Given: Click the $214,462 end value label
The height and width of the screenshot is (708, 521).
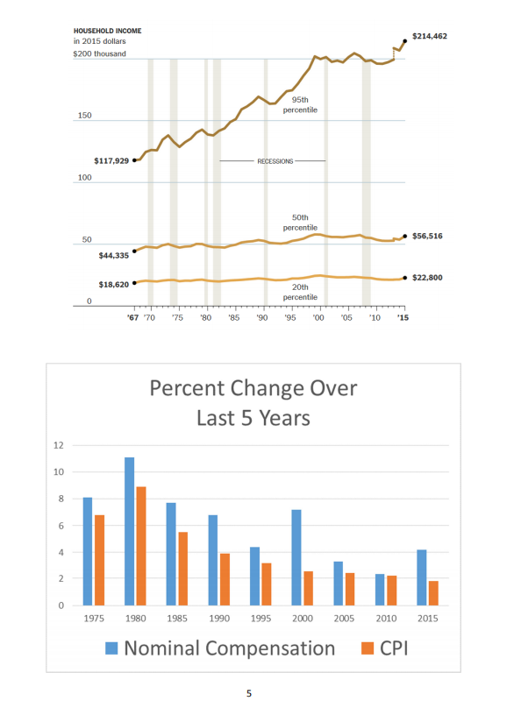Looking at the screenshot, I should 429,36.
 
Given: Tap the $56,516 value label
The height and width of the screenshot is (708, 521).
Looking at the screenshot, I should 429,236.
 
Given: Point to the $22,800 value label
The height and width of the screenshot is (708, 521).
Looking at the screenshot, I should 429,277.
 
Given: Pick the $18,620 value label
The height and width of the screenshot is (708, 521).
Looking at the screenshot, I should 113,284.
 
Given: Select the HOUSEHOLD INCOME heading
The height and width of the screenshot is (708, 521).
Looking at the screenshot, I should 108,31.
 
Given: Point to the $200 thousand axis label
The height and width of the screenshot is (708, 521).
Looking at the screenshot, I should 100,53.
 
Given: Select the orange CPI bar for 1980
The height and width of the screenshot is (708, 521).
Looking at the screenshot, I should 141,546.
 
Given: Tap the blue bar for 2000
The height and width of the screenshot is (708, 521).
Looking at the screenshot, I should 296,557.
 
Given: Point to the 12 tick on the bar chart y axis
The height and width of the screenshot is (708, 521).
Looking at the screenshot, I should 59,445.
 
